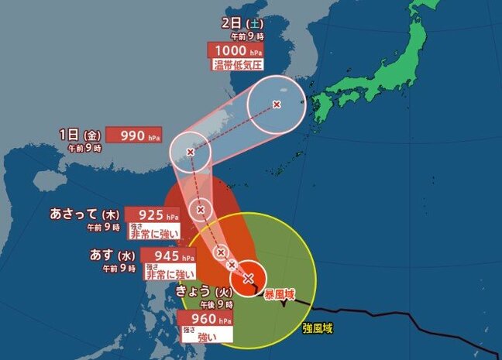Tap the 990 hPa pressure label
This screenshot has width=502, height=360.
point(133,135)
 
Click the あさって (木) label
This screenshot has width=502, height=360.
point(87,214)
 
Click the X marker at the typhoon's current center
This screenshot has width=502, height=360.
point(249,278)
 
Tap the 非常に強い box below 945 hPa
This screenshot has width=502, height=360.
point(170,272)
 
